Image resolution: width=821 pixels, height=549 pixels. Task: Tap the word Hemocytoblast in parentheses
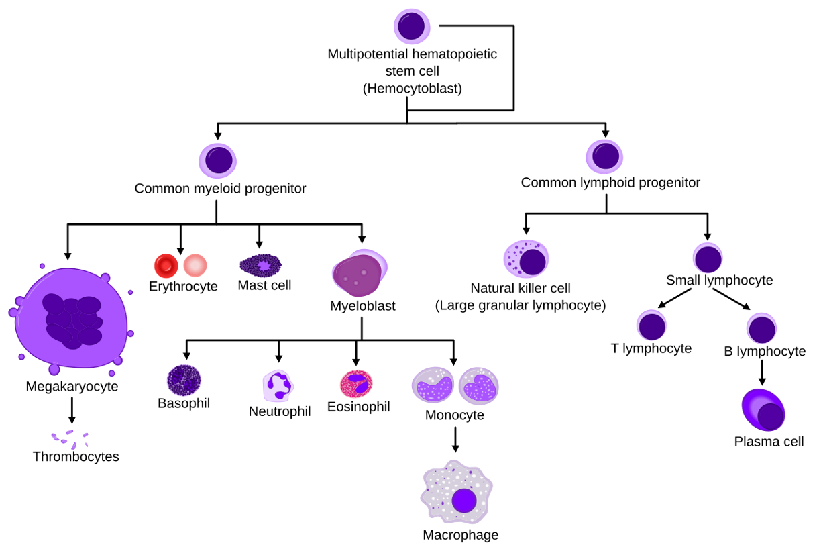[x=412, y=88]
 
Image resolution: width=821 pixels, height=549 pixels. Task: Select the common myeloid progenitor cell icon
[x=218, y=162]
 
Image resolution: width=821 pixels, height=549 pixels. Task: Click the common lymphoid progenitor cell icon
[x=605, y=156]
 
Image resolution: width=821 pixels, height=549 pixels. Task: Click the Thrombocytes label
[x=76, y=457]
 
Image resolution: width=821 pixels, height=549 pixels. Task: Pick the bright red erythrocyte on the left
[x=165, y=266]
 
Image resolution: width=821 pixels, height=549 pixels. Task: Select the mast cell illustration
[x=260, y=266]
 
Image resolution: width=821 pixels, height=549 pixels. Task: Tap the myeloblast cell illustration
[x=360, y=274]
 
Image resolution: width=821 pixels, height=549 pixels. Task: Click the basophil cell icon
[x=184, y=380]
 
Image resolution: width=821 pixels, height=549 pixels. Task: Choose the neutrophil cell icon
[x=278, y=385]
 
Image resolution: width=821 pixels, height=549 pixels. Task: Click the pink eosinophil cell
[x=356, y=385]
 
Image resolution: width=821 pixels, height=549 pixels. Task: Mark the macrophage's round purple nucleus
[x=464, y=501]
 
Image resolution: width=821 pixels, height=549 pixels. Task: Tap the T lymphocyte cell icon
[x=651, y=326]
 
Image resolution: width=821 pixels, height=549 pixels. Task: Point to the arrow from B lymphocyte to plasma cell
[x=762, y=372]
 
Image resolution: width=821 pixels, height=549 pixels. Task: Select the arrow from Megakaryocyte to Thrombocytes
[x=72, y=410]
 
